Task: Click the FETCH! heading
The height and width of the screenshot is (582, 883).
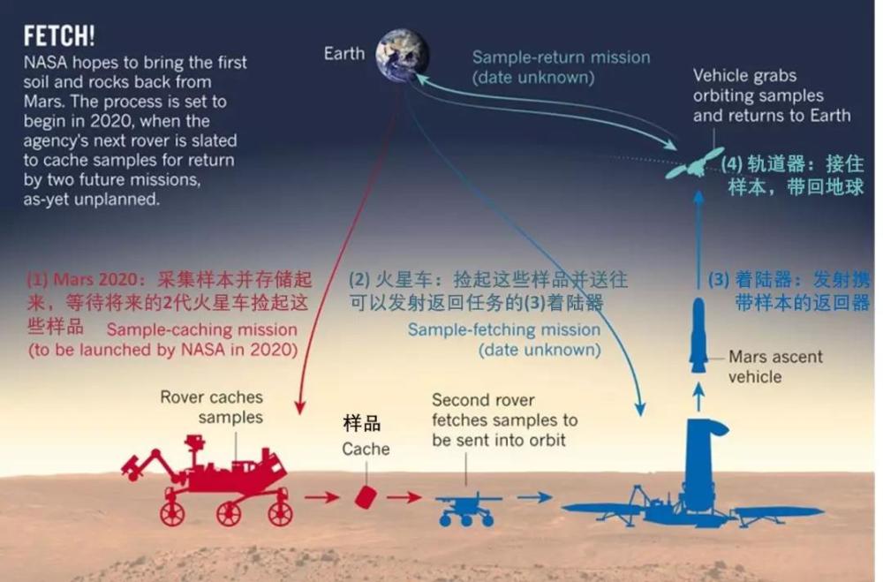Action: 59,36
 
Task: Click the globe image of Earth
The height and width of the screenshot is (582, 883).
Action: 402,55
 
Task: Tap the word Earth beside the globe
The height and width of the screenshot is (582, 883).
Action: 344,54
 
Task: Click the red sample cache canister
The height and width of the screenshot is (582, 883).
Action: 366,496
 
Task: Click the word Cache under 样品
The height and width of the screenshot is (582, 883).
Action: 366,450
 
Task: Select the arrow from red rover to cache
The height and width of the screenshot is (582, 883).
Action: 322,497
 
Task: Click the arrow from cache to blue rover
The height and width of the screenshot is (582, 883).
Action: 404,497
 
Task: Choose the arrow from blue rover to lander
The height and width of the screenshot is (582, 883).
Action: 534,497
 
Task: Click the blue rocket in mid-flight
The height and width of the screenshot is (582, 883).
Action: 698,335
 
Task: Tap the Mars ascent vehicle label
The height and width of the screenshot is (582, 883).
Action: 774,367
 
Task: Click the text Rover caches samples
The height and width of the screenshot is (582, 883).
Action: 212,407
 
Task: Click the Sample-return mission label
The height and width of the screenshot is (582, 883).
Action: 561,67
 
